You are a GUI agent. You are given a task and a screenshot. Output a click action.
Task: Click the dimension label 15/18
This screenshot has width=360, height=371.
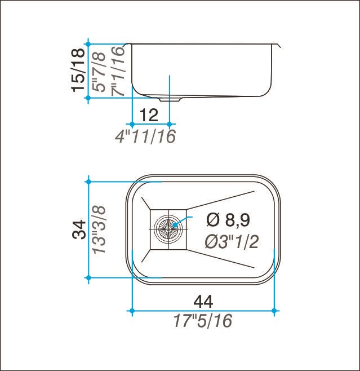pos(78,70)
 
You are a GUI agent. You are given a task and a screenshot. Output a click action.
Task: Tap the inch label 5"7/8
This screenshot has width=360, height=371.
pos(99,72)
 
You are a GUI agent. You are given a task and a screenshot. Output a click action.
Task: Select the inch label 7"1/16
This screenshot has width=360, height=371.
pos(118,71)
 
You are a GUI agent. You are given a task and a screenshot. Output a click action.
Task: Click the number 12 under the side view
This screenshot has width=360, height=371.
pos(149,115)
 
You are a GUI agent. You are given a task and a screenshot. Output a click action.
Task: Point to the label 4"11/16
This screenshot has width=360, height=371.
pos(145,136)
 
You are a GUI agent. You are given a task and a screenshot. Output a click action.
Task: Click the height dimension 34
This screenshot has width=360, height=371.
pos(79,229)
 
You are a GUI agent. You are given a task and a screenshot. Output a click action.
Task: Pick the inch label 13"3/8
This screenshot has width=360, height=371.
pos(99,230)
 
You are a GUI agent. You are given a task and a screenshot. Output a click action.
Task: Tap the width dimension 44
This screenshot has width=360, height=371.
pos(203,302)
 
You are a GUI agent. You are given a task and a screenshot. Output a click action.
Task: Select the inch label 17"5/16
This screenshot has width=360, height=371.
pos(203,321)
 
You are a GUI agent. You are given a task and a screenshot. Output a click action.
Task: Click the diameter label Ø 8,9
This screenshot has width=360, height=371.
pos(228,220)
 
